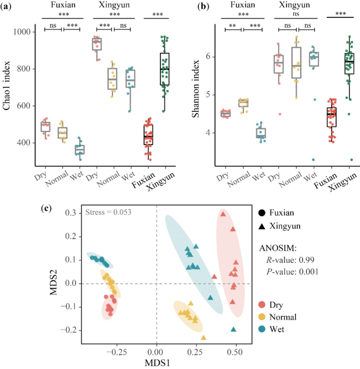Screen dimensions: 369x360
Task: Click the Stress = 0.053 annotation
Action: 108,213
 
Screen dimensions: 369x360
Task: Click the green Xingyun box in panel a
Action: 164,69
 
